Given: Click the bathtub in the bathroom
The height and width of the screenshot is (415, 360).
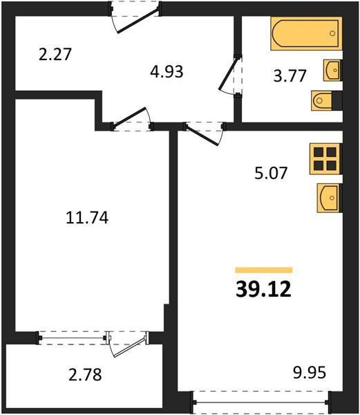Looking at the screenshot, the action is coord(306,33).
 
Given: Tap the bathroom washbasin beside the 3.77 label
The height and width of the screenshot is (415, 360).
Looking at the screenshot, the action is coord(332,70).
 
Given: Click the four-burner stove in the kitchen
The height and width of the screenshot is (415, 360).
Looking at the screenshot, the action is coord(325,159).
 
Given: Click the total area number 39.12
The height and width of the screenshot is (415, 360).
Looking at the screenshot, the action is coord(263,289).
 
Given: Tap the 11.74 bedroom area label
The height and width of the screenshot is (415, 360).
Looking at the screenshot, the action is coord(87,218).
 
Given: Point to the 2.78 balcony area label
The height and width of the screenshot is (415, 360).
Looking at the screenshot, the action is coord(85,375).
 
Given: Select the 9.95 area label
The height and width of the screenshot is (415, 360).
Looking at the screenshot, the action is coord(310,372).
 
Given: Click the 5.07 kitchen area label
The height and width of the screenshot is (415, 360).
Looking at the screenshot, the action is coord(271,174).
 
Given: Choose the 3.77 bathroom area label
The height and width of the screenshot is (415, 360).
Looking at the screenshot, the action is coord(290,76).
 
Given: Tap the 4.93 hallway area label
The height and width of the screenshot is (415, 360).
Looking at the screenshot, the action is coord(167,72).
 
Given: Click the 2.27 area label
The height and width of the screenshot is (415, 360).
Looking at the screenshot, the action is coord(55,55).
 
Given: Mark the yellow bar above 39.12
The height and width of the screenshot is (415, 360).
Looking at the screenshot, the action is coord(264,270).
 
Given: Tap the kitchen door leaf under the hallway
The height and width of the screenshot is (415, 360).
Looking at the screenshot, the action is coord(202,136).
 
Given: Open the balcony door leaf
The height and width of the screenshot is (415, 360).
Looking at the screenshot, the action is coord(130,347).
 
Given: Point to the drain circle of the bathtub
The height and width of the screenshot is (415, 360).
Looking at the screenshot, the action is coord(332,33).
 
